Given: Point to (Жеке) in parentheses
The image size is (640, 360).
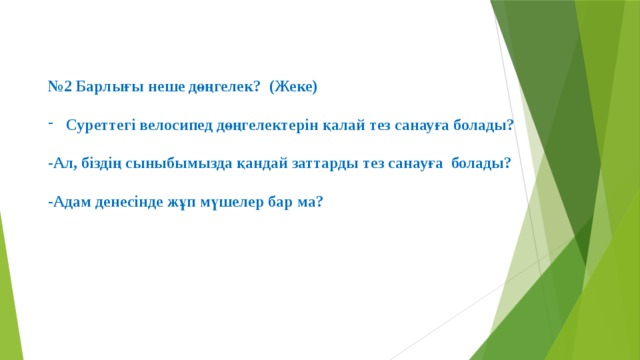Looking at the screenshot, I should pyautogui.click(x=294, y=87).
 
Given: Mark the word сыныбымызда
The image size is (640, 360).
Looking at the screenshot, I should pyautogui.click(x=172, y=162).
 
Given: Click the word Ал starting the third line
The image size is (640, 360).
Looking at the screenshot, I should pyautogui.click(x=60, y=162).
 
